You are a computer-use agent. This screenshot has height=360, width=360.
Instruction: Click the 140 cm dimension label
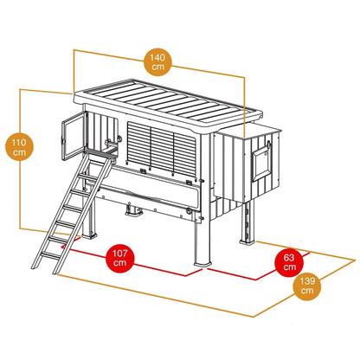tap(157, 62)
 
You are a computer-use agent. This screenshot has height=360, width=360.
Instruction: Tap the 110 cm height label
tap(19, 147)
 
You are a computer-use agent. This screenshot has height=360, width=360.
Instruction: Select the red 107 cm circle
tap(120, 258)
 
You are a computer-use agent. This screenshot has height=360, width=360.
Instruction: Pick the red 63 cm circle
tap(289, 262)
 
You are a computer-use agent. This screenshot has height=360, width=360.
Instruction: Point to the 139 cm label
tap(307, 286)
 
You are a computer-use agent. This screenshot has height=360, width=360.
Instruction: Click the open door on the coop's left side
tap(74, 136)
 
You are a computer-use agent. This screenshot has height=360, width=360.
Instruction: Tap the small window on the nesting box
tap(262, 164)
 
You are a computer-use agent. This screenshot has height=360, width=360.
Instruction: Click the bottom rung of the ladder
tap(51, 255)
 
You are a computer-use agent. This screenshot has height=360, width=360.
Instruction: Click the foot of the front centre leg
tap(202, 264)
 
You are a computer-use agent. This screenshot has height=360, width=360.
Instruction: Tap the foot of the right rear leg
tap(247, 241)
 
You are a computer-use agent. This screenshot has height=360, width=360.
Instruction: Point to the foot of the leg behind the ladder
tap(89, 236)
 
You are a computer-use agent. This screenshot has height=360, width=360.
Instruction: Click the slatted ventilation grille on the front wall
tap(162, 149)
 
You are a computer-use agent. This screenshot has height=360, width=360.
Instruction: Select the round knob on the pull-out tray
tap(189, 210)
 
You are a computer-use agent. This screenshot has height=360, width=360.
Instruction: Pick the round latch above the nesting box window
tap(269, 144)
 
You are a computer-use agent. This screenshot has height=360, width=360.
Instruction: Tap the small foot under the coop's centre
tap(134, 210)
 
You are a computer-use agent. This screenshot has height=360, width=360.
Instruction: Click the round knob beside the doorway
tap(119, 138)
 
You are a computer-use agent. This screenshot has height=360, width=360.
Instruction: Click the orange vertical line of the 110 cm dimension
tap(20, 159)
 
